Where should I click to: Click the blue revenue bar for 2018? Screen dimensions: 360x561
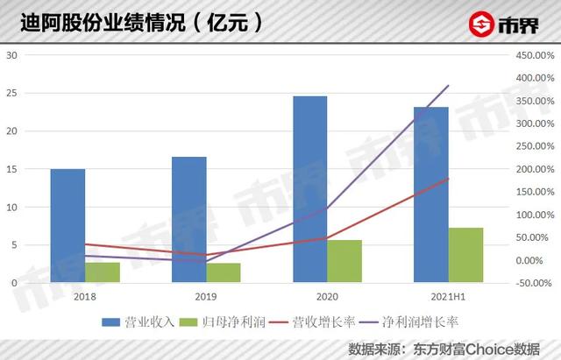tap(67, 225)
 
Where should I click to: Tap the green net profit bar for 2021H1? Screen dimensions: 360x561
tap(465, 255)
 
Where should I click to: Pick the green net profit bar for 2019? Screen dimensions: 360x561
tap(224, 272)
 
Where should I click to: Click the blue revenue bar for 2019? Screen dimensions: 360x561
tap(188, 220)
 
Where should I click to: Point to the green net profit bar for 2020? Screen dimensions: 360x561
tap(344, 261)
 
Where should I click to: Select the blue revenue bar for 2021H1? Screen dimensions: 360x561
tap(431, 194)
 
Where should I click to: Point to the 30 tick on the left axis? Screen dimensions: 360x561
tap(12, 55)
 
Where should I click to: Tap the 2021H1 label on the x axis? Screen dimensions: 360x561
tap(448, 297)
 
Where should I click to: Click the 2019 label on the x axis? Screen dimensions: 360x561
tap(206, 297)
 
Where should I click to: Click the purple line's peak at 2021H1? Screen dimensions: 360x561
tap(448, 86)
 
